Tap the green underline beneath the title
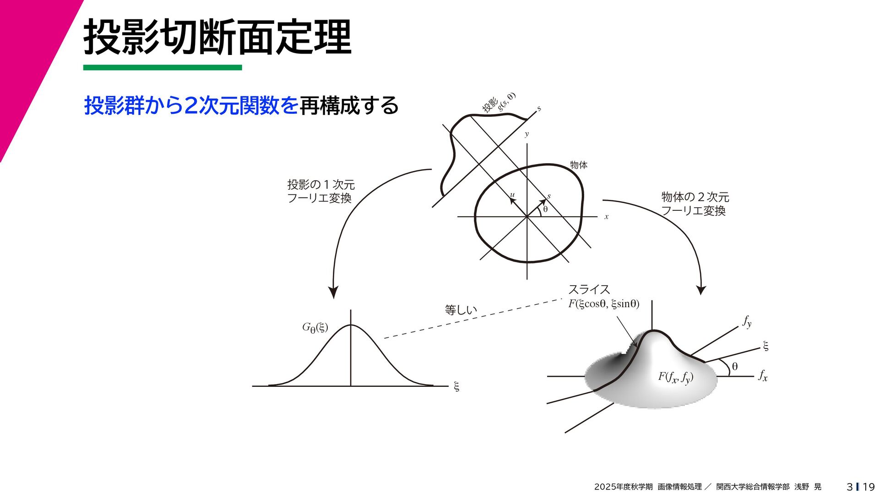point(162,67)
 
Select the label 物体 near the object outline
point(578,165)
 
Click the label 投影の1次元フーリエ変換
point(320,191)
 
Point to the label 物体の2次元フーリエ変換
point(695,203)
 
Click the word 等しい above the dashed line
point(461,310)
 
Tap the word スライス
point(589,290)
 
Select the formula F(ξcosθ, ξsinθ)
point(603,304)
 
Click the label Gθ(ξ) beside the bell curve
point(315,327)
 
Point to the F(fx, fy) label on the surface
point(675,377)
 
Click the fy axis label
point(747,322)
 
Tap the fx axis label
point(762,376)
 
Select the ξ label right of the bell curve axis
point(456,386)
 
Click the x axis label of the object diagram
point(606,217)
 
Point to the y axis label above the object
point(526,134)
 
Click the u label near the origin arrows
point(512,195)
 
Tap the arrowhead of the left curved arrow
point(333,293)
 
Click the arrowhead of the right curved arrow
point(701,290)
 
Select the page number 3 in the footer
point(850,487)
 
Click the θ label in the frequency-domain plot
point(735,366)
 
